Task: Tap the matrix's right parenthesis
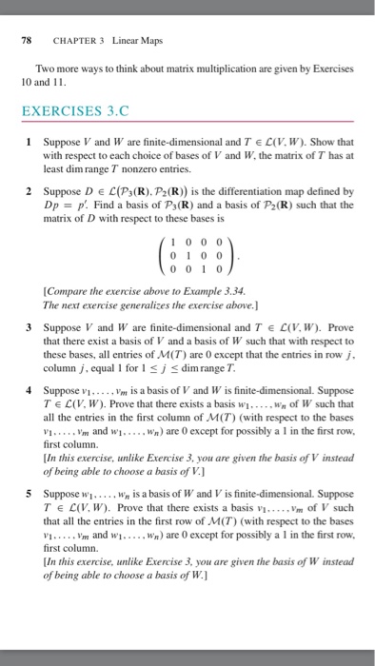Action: (x=221, y=257)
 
